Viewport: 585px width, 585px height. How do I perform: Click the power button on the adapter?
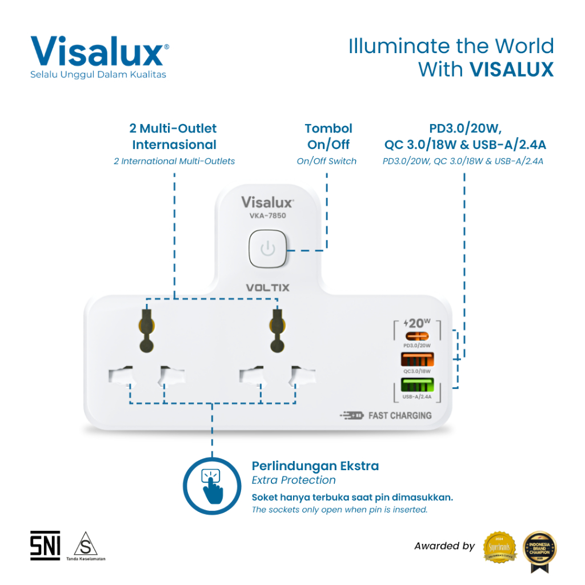coord(268,250)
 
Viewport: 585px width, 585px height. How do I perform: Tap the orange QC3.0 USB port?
coord(417,360)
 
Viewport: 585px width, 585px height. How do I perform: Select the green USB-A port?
coord(417,385)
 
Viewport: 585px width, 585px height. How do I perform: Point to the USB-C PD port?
coord(417,336)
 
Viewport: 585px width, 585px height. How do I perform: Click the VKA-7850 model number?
coord(267,216)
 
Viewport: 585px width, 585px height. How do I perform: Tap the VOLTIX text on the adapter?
coord(267,287)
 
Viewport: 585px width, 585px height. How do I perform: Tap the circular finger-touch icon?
coord(213,487)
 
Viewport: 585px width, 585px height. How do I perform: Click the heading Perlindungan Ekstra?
coord(315,466)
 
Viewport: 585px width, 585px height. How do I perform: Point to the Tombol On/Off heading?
coord(328,137)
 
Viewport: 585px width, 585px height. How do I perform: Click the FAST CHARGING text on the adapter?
coord(399,415)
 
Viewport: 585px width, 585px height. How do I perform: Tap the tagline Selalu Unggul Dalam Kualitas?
coord(98,75)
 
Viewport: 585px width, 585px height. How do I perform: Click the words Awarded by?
coord(444,546)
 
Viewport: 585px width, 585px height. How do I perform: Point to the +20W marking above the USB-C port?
coord(417,322)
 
